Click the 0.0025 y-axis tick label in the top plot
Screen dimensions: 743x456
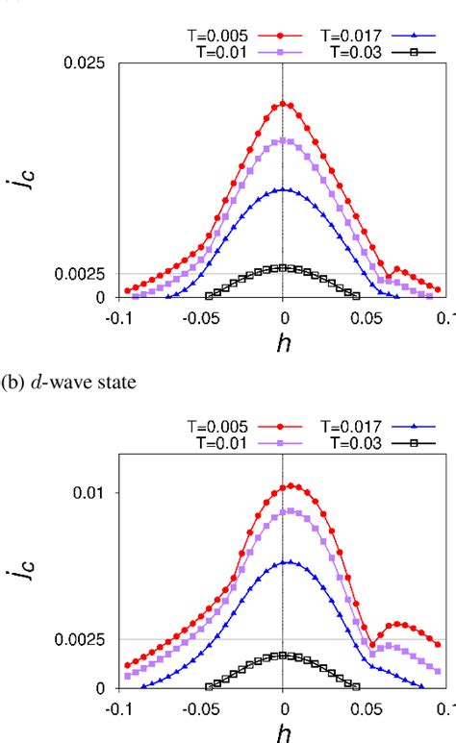tap(82, 274)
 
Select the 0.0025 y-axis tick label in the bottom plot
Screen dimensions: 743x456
tap(82, 639)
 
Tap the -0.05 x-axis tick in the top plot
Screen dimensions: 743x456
tap(201, 317)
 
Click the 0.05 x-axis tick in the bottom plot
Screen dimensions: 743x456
tap(365, 707)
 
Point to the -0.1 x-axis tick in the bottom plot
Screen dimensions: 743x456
tap(119, 707)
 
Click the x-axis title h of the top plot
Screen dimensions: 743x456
tap(283, 344)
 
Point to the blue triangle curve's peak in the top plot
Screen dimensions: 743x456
tap(283, 189)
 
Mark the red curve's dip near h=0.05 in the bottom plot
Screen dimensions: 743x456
tap(372, 645)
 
